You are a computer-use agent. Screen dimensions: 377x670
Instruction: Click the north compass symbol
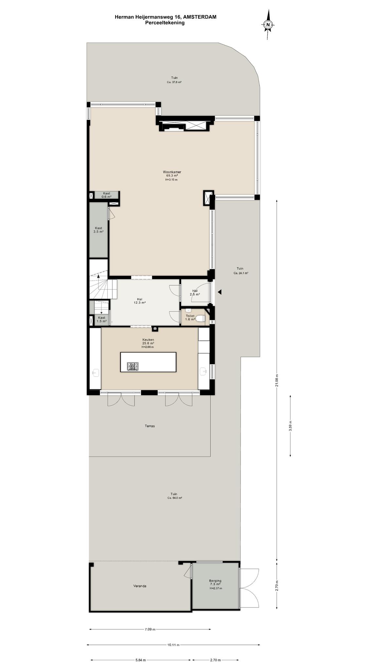(268, 25)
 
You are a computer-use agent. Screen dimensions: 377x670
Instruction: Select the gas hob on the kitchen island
(133, 366)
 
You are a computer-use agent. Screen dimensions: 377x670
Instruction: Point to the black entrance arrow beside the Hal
(220, 292)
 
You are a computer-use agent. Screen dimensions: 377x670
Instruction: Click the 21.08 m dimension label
(277, 380)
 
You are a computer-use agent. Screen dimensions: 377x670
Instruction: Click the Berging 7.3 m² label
(215, 582)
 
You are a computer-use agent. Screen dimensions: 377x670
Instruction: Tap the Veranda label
(140, 586)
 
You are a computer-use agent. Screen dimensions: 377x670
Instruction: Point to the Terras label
(150, 426)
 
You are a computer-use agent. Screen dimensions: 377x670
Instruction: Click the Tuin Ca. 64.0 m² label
(174, 496)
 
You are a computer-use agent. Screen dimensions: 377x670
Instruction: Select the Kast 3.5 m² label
(99, 230)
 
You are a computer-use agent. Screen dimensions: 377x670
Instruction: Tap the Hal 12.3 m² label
(139, 301)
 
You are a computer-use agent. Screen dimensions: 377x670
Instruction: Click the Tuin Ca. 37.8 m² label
(174, 80)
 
